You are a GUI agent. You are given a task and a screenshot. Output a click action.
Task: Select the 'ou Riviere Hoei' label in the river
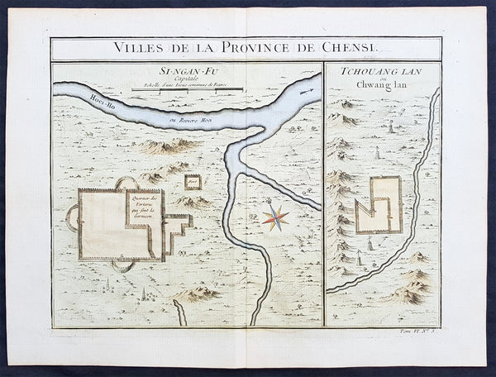[191, 123]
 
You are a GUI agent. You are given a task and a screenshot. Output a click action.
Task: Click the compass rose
[276, 217]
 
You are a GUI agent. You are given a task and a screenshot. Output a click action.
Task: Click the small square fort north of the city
[193, 182]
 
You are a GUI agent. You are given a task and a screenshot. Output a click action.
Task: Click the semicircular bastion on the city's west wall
[72, 218]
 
